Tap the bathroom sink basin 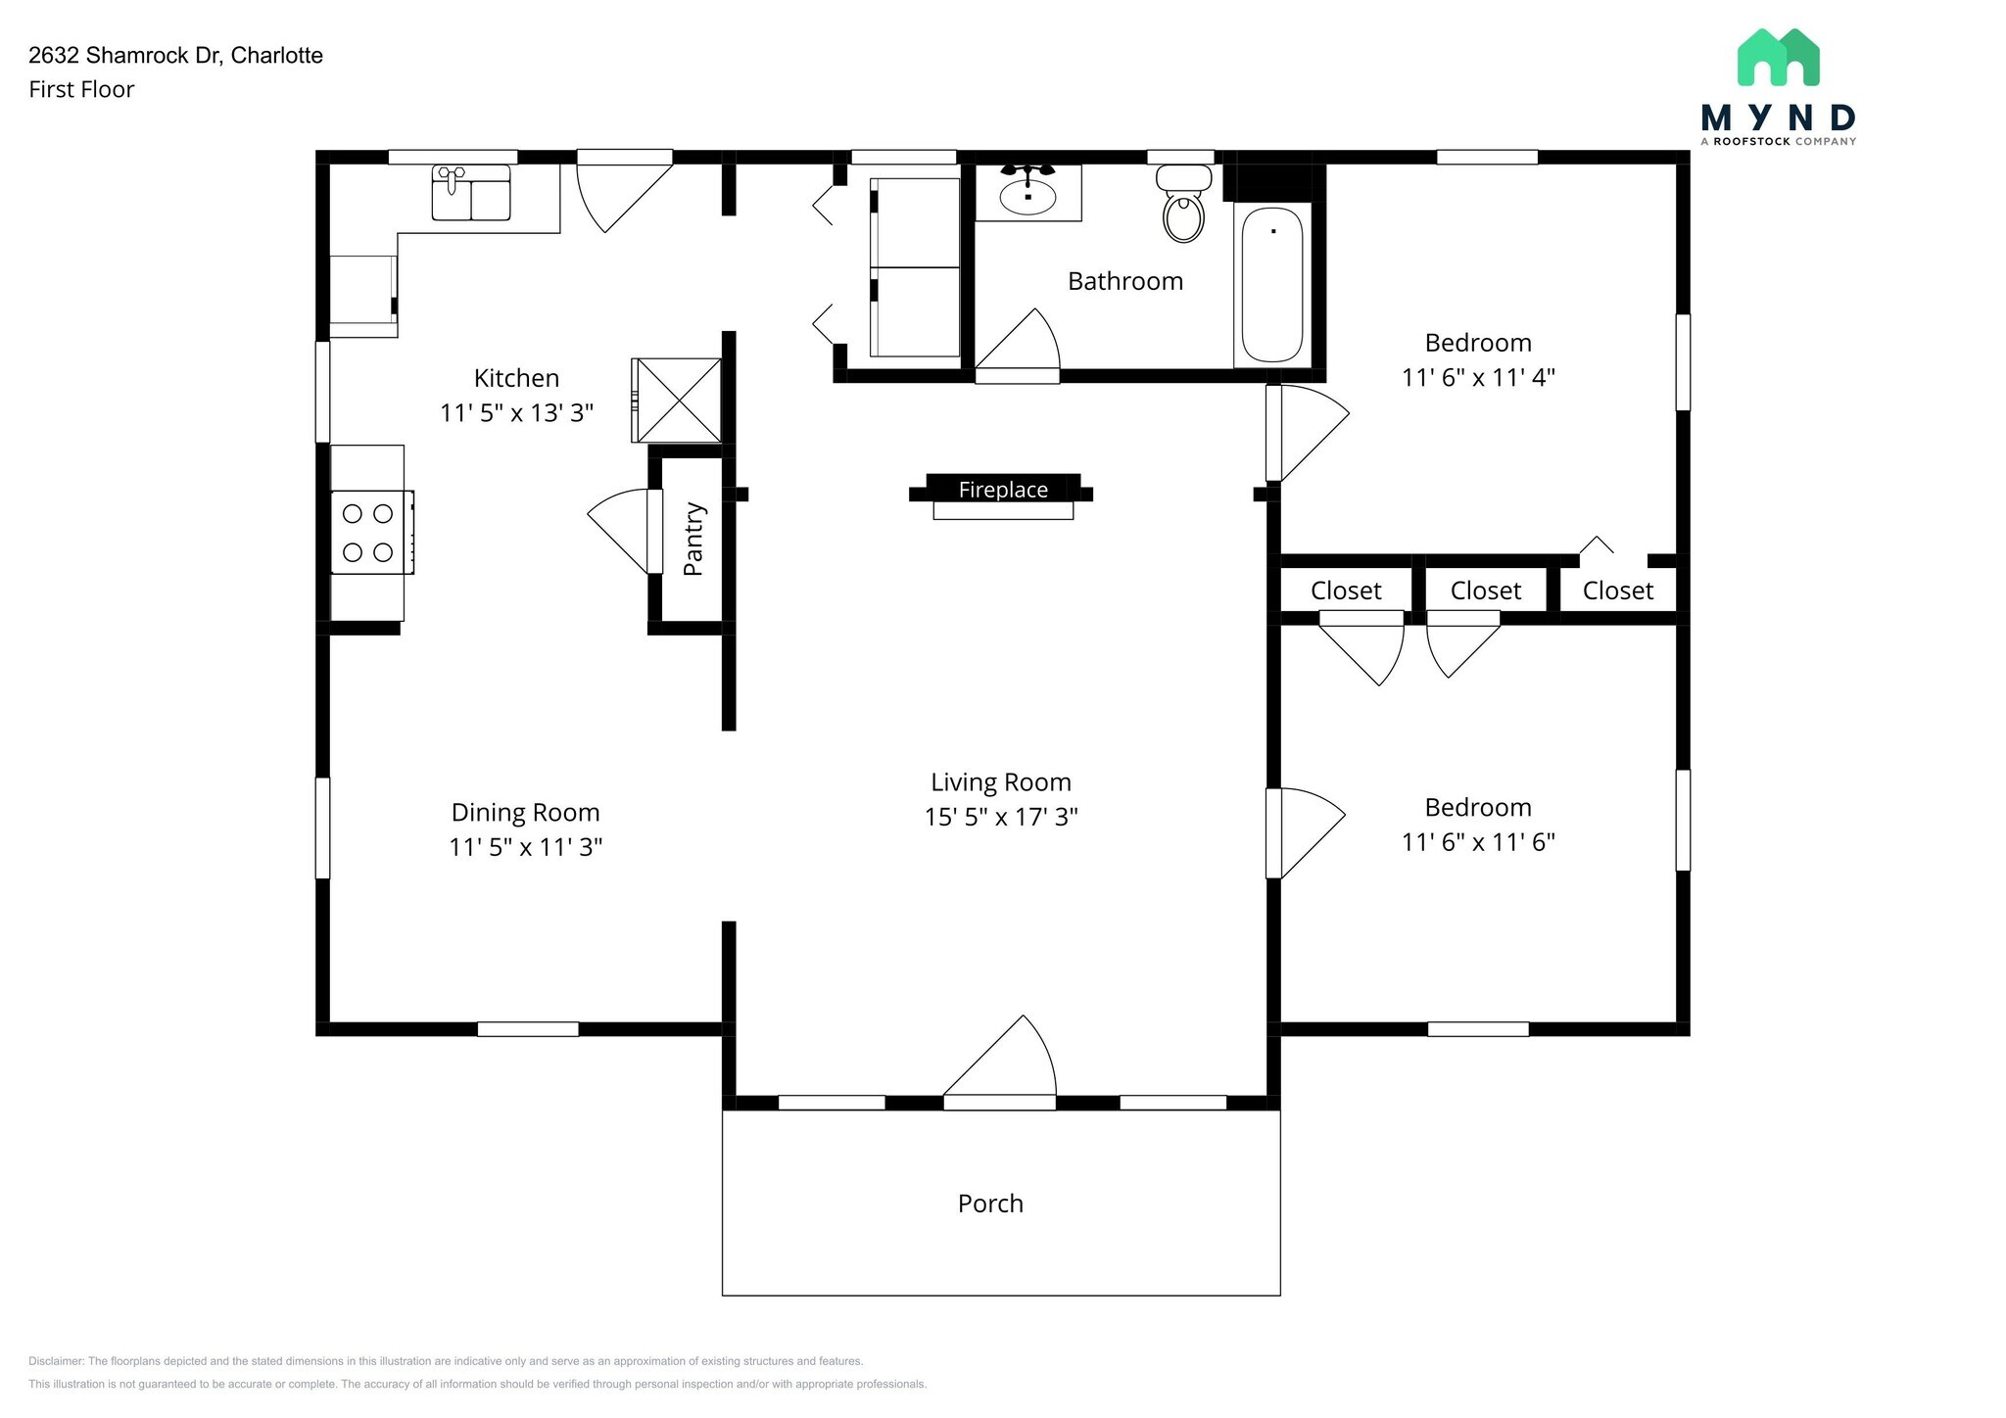(x=1027, y=197)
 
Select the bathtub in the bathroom (x=1272, y=285)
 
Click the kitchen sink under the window (x=470, y=193)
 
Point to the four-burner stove (x=370, y=532)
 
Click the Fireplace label (x=1003, y=490)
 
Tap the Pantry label (x=693, y=539)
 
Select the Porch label (x=990, y=1204)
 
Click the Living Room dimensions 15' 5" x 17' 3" (x=1001, y=817)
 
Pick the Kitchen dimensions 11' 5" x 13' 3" (x=517, y=413)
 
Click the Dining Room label (x=525, y=812)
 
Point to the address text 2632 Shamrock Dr (x=175, y=56)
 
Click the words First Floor (x=81, y=90)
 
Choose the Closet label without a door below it (x=1617, y=591)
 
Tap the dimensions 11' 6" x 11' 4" (x=1478, y=377)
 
